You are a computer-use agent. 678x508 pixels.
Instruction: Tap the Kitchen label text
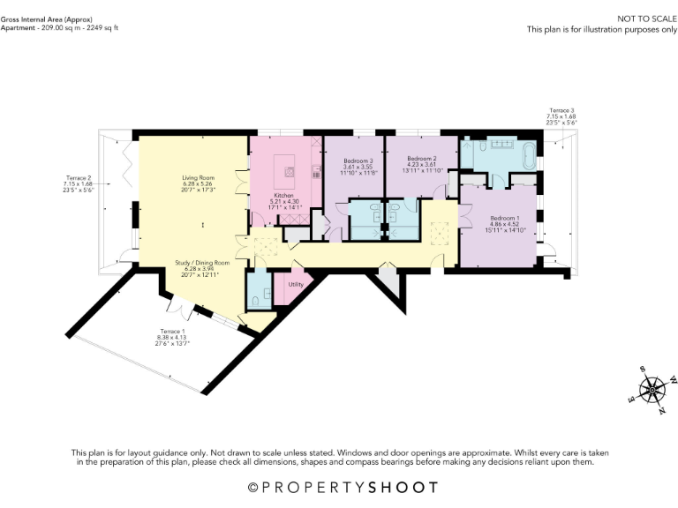pyautogui.click(x=283, y=195)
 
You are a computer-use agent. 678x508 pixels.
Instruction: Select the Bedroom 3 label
pyautogui.click(x=359, y=161)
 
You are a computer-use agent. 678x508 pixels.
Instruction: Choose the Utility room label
pyautogui.click(x=296, y=285)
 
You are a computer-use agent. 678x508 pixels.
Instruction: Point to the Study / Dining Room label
pyautogui.click(x=202, y=263)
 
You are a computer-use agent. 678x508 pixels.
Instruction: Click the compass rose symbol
pyautogui.click(x=652, y=389)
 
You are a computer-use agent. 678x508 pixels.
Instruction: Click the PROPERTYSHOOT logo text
pyautogui.click(x=340, y=487)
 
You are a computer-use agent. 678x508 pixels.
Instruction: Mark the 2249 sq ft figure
pyautogui.click(x=100, y=27)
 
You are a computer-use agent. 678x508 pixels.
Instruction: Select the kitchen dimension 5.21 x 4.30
pyautogui.click(x=283, y=201)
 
